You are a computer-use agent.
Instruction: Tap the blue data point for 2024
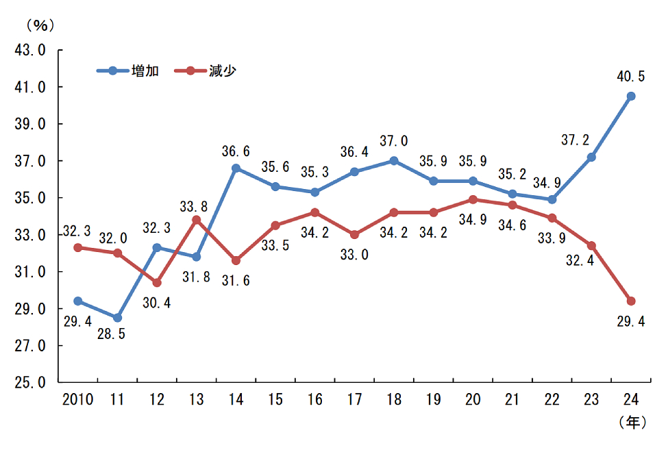pyautogui.click(x=631, y=96)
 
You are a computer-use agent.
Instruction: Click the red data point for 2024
pyautogui.click(x=631, y=301)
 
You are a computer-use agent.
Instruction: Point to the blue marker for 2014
pyautogui.click(x=236, y=168)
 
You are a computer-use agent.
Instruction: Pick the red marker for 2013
pyautogui.click(x=197, y=220)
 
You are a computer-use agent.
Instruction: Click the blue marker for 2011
pyautogui.click(x=118, y=318)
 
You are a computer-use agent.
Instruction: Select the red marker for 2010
pyautogui.click(x=78, y=247)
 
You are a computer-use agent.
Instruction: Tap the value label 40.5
pyautogui.click(x=630, y=77)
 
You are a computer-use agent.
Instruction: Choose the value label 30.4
pyautogui.click(x=157, y=302)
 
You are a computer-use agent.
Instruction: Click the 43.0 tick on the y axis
pyautogui.click(x=31, y=50)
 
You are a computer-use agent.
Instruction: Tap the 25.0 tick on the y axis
pyautogui.click(x=31, y=382)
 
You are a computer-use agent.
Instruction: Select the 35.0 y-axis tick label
pyautogui.click(x=31, y=198)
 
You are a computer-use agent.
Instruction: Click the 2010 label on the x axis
pyautogui.click(x=77, y=400)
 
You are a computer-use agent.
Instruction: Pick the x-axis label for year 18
pyautogui.click(x=394, y=400)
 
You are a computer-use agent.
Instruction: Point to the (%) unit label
pyautogui.click(x=40, y=25)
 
